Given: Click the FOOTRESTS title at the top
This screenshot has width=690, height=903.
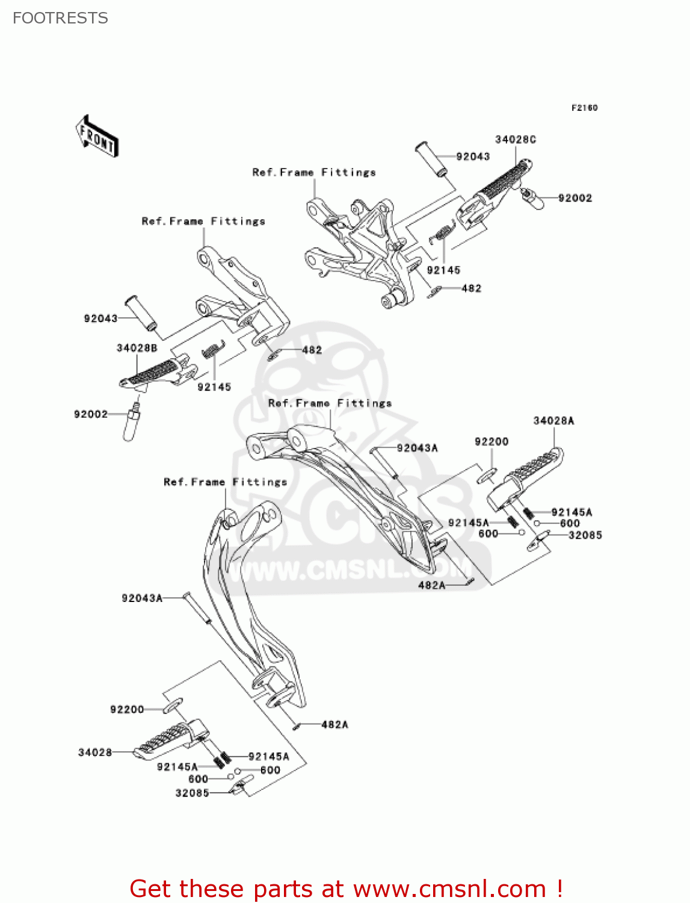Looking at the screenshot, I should pos(60,18).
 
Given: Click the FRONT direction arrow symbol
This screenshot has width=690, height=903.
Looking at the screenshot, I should pos(97,137).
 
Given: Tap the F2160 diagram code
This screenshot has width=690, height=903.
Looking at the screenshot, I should pos(584,108).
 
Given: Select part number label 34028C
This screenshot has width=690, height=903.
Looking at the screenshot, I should pos(516,140).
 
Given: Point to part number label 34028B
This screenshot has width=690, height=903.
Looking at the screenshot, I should pos(137,348).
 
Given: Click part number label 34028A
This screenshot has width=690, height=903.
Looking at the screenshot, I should pos(553,421).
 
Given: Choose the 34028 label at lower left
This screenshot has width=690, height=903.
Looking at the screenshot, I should pos(95,752).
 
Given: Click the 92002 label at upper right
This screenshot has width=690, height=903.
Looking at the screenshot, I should pos(575,198).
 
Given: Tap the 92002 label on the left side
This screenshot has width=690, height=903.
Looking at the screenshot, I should pos(91,414).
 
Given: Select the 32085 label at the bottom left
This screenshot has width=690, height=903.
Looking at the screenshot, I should pos(192,793).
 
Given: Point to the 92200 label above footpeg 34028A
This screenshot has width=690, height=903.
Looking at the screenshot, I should pos(491,442).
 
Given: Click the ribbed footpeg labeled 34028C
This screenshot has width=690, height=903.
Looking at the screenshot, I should pos(499,186).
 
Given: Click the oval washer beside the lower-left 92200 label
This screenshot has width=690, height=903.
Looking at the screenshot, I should pos(172,706).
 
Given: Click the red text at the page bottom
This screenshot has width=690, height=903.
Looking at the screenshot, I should pos(346,889).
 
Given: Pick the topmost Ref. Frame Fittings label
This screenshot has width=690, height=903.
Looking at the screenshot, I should pos(314,173).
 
